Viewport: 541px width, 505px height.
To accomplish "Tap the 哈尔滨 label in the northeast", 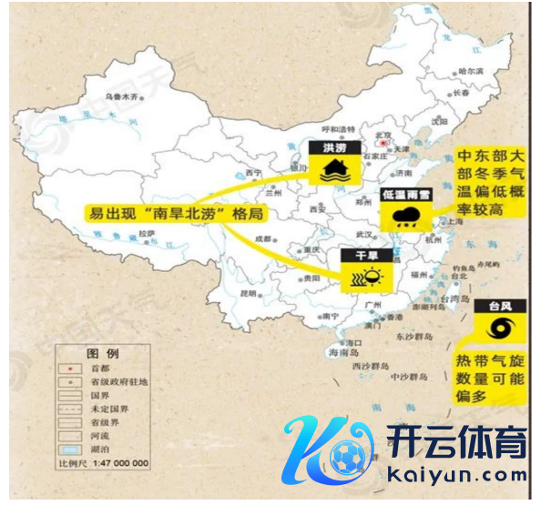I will pos(471,71).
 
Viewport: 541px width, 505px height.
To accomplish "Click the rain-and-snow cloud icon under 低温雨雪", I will pos(406,217).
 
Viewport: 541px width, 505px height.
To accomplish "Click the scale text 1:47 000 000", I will pos(117,463).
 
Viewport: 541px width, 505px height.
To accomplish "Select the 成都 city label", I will pos(263,238).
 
